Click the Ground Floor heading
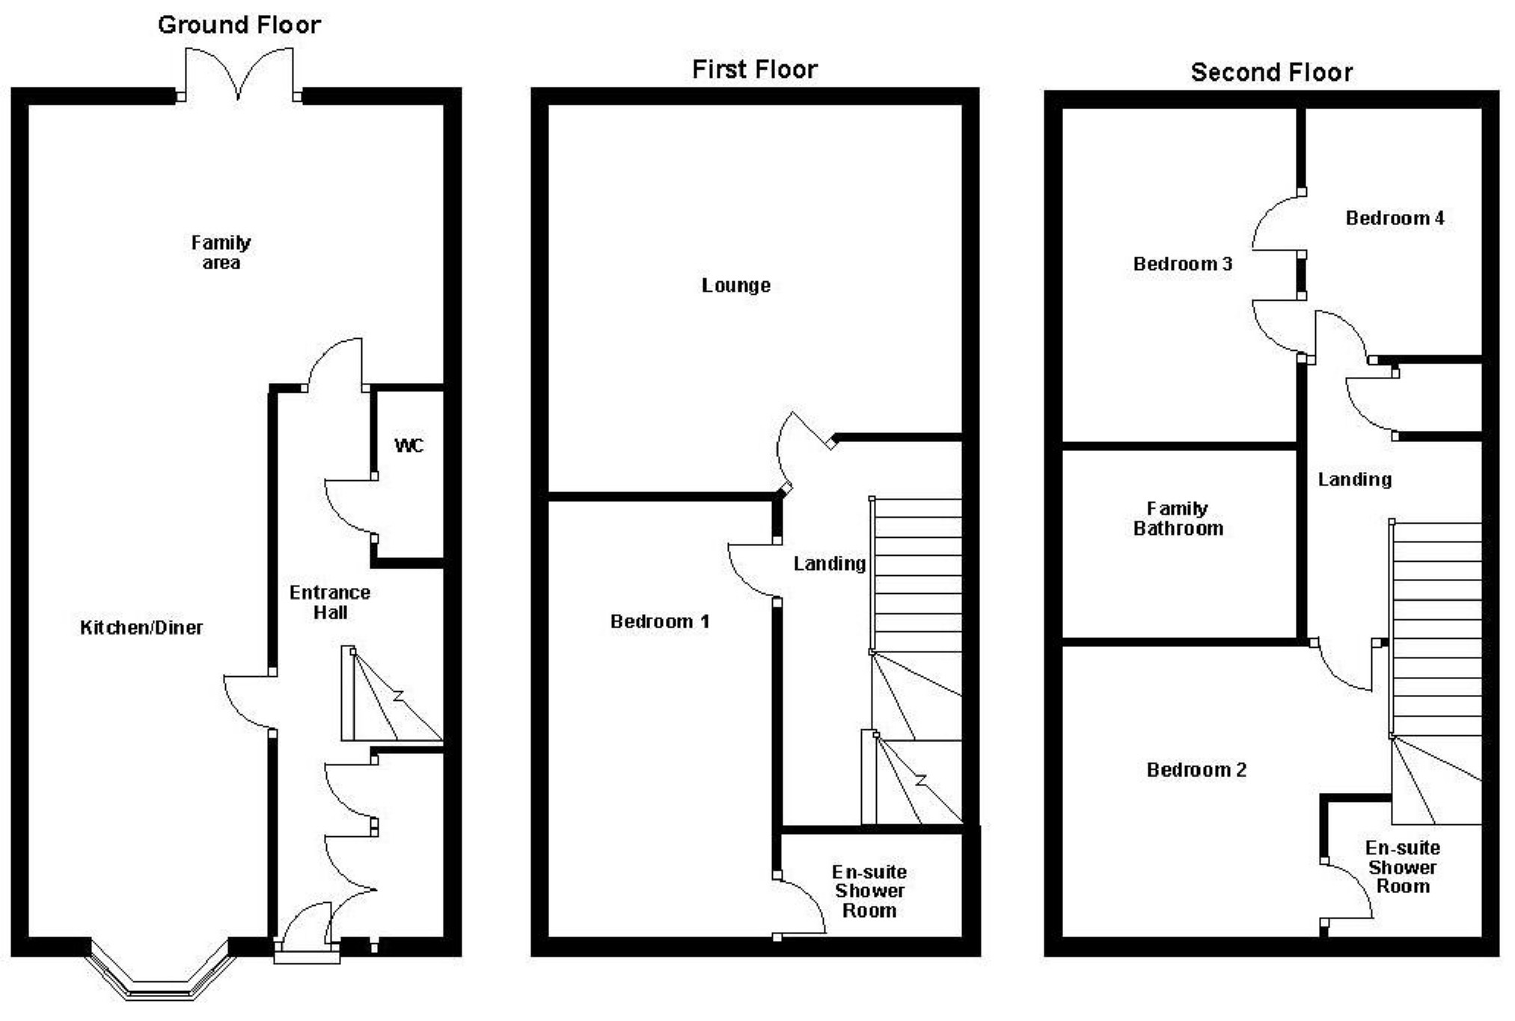pyautogui.click(x=239, y=25)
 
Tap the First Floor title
pyautogui.click(x=754, y=70)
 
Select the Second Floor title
pyautogui.click(x=1271, y=73)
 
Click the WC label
pyautogui.click(x=408, y=446)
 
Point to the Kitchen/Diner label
pyautogui.click(x=141, y=628)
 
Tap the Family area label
pyautogui.click(x=221, y=252)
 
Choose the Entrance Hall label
pyautogui.click(x=330, y=602)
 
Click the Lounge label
pyautogui.click(x=735, y=286)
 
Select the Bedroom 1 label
pyautogui.click(x=659, y=622)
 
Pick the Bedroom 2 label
pyautogui.click(x=1196, y=770)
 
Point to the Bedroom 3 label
pyautogui.click(x=1182, y=264)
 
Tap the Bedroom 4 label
pyautogui.click(x=1395, y=218)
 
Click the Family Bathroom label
pyautogui.click(x=1178, y=518)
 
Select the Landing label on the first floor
pyautogui.click(x=829, y=563)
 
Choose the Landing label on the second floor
pyautogui.click(x=1354, y=479)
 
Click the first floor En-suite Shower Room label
pyautogui.click(x=869, y=891)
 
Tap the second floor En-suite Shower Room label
pyautogui.click(x=1402, y=867)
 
